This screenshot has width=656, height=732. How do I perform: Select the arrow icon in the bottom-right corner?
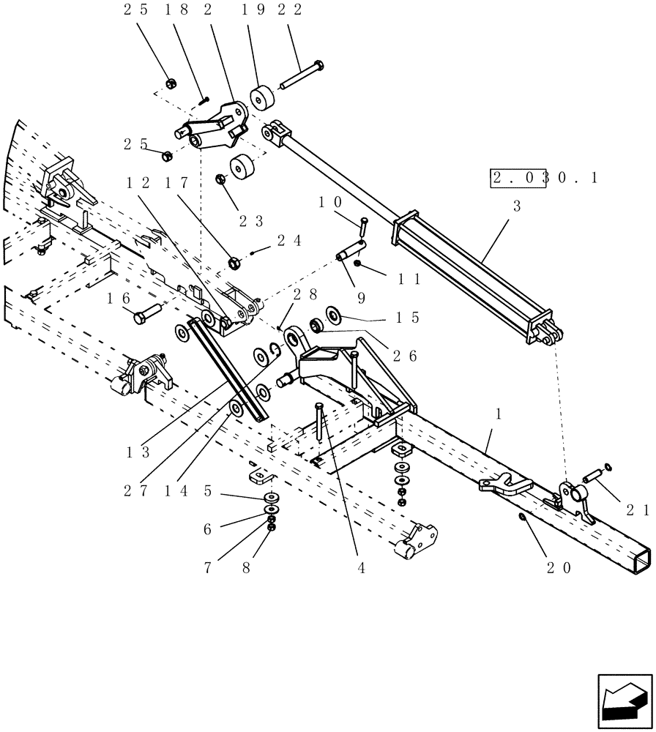625,702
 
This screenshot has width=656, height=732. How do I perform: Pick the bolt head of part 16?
141,318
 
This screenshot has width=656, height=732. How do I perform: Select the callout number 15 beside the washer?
407,318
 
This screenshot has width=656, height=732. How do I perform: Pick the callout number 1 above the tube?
499,414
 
